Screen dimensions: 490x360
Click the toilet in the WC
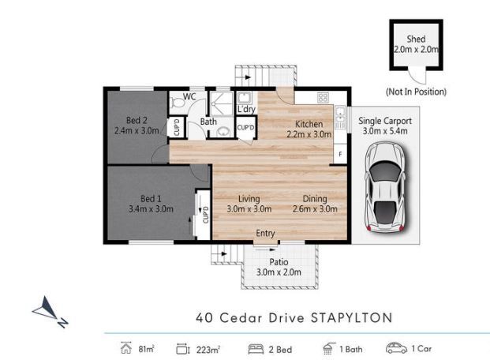point(177,102)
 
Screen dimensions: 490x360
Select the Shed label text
point(416,39)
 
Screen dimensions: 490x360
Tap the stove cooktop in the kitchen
point(323,98)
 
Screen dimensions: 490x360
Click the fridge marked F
point(340,154)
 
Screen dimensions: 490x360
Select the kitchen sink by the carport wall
point(340,118)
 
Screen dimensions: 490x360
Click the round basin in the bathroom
point(223,132)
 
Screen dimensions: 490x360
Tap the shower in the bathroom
point(221,103)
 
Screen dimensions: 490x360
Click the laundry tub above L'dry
point(243,98)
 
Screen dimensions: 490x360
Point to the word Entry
point(265,233)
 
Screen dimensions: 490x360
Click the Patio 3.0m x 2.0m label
point(279,267)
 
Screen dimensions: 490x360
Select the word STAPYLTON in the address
point(352,318)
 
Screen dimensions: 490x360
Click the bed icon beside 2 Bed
point(256,349)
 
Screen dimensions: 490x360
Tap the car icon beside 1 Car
point(396,348)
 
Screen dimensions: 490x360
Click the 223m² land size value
point(208,350)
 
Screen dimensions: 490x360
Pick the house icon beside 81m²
point(126,348)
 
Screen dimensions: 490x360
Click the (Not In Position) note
point(416,92)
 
